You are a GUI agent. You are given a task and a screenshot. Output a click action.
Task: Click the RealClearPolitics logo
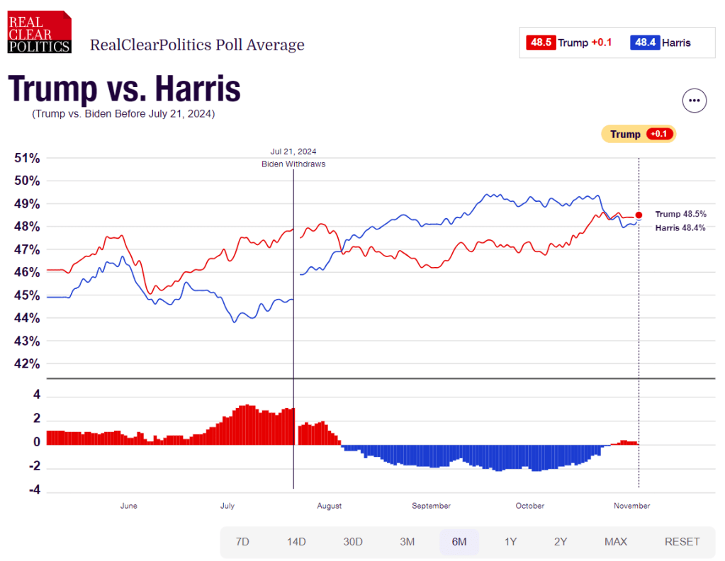click(x=39, y=32)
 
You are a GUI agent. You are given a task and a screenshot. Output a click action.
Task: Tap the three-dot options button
click(x=695, y=101)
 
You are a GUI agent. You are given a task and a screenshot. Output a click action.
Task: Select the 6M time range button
click(x=459, y=542)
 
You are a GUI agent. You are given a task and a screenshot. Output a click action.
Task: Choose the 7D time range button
click(x=242, y=542)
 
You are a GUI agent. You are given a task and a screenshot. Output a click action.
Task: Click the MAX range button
click(x=616, y=542)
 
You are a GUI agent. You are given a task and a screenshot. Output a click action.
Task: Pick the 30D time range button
click(x=353, y=542)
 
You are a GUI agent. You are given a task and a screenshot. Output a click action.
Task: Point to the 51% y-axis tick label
click(x=28, y=158)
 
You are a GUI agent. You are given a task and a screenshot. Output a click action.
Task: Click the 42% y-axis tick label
click(x=28, y=364)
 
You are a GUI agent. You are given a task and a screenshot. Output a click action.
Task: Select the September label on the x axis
click(x=431, y=506)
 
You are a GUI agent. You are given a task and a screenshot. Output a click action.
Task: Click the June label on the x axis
click(x=129, y=506)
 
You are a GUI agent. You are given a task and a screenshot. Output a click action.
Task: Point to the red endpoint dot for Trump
click(x=639, y=215)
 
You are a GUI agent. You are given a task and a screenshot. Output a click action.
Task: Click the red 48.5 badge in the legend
click(x=540, y=42)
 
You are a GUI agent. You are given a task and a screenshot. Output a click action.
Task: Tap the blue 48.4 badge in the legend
click(x=645, y=42)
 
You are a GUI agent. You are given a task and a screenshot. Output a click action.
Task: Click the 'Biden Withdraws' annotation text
click(x=293, y=164)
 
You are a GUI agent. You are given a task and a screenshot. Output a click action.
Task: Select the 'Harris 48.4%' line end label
click(x=680, y=227)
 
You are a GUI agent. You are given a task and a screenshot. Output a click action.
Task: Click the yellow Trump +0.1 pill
click(x=638, y=134)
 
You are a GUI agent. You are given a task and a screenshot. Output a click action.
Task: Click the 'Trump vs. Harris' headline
click(x=124, y=89)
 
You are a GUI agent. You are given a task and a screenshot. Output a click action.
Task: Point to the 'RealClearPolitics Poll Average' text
click(x=197, y=45)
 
